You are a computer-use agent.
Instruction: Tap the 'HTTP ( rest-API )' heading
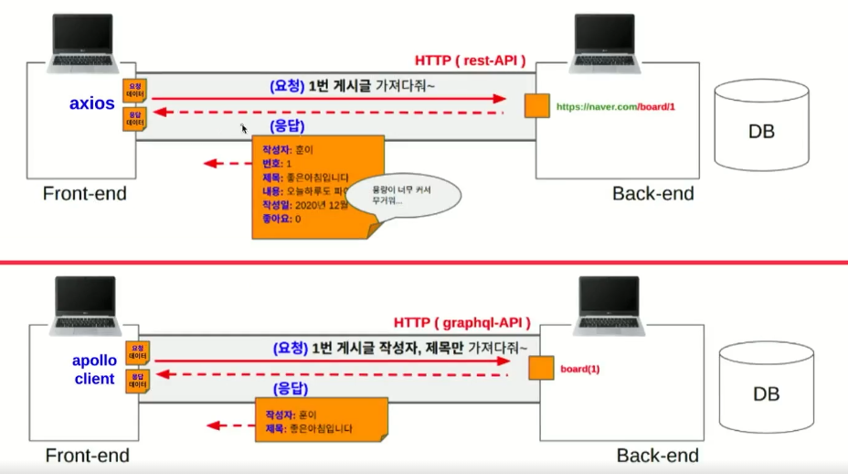point(470,60)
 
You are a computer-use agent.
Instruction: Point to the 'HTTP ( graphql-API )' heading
point(462,323)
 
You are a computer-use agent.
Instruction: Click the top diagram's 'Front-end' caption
point(84,194)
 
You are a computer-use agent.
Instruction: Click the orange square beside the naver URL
point(536,106)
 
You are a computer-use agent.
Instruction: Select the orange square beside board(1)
point(541,368)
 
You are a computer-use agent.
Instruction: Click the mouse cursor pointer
point(243,130)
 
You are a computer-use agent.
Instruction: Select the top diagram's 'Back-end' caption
point(653,194)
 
